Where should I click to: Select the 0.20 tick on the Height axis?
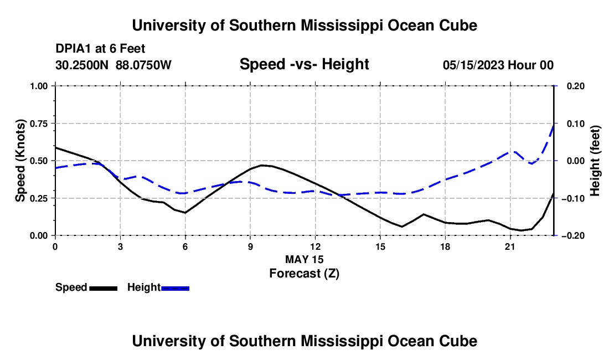[x=576, y=86]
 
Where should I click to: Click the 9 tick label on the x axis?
[x=250, y=246]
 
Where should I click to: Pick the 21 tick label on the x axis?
[x=510, y=246]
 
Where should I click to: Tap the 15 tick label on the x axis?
[x=380, y=246]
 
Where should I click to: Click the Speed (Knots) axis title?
[x=20, y=161]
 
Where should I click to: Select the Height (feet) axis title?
[x=595, y=161]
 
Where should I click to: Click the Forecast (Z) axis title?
[x=304, y=274]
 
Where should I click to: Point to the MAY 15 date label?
[x=304, y=259]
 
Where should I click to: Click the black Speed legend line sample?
[x=104, y=288]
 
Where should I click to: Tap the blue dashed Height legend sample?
[x=175, y=288]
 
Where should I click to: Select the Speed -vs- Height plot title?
[x=304, y=64]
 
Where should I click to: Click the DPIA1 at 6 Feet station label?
[x=100, y=49]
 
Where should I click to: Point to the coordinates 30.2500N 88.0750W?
[x=113, y=65]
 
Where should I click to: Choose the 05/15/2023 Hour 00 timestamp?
[x=498, y=65]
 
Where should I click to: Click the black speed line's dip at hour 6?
[x=185, y=213]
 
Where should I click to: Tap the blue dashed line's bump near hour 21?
[x=514, y=151]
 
